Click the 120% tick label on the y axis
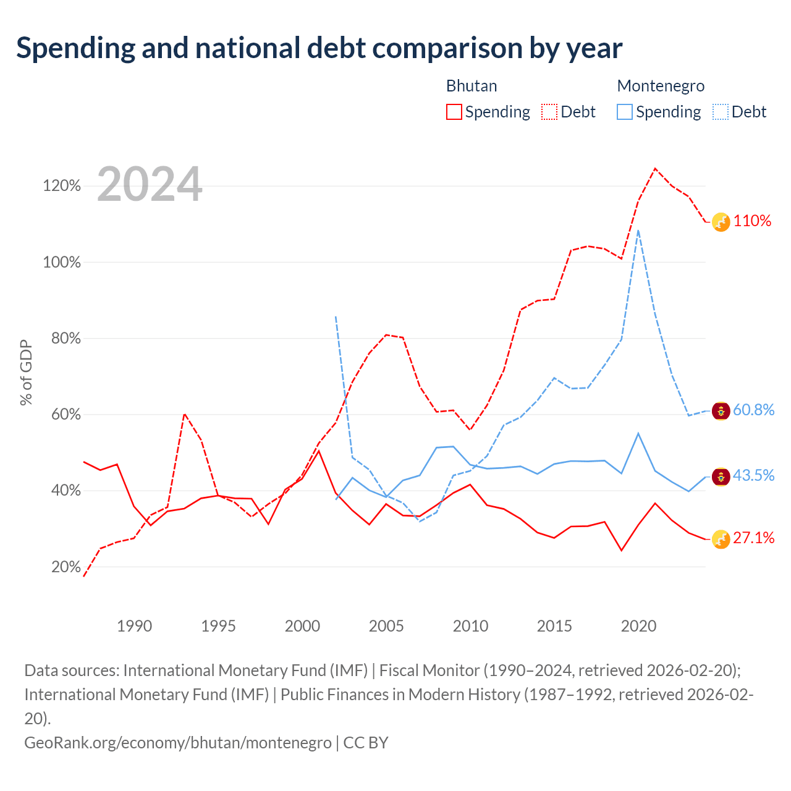pos(62,185)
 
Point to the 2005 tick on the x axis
pos(386,626)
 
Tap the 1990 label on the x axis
pos(134,626)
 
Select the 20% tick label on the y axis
pos(66,567)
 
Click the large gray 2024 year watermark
pos(150,184)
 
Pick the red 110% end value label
pos(752,221)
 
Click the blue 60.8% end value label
pos(753,410)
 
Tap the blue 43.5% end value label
pos(753,475)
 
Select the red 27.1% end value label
pos(753,538)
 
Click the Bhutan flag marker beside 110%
pos(721,222)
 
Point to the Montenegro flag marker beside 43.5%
pos(721,477)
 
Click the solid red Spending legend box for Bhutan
pos(454,112)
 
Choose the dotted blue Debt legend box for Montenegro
pos(721,112)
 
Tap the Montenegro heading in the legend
pos(661,86)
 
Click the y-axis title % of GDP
pos(26,373)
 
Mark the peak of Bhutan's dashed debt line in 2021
pos(655,168)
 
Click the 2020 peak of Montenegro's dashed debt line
pos(638,231)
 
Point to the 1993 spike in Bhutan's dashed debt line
pos(185,414)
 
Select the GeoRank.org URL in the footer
pos(178,743)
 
